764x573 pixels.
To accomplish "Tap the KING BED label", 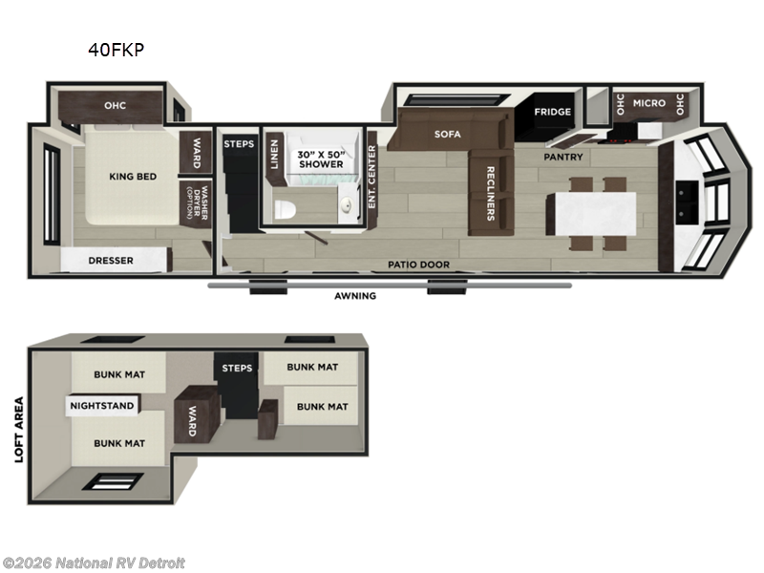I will pyautogui.click(x=132, y=176).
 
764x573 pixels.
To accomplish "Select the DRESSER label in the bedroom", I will pyautogui.click(x=111, y=260).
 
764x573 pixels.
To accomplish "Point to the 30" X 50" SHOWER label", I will pyautogui.click(x=320, y=159).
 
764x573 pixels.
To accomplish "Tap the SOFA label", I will pyautogui.click(x=447, y=135).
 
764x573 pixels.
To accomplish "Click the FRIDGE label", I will pyautogui.click(x=552, y=112).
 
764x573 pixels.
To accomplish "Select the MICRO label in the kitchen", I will pyautogui.click(x=648, y=103).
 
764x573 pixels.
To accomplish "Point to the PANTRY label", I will pyautogui.click(x=563, y=156).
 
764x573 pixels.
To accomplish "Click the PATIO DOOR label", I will pyautogui.click(x=418, y=265).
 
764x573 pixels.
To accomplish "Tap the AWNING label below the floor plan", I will pyautogui.click(x=354, y=296).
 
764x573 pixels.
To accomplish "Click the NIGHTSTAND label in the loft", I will pyautogui.click(x=101, y=406).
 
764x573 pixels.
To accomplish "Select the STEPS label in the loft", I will pyautogui.click(x=237, y=368).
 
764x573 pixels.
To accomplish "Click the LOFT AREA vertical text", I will pyautogui.click(x=18, y=430).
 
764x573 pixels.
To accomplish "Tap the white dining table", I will pyautogui.click(x=590, y=211).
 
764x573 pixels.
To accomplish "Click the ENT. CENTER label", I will pyautogui.click(x=372, y=181).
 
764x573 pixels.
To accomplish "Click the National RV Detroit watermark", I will pyautogui.click(x=94, y=563).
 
